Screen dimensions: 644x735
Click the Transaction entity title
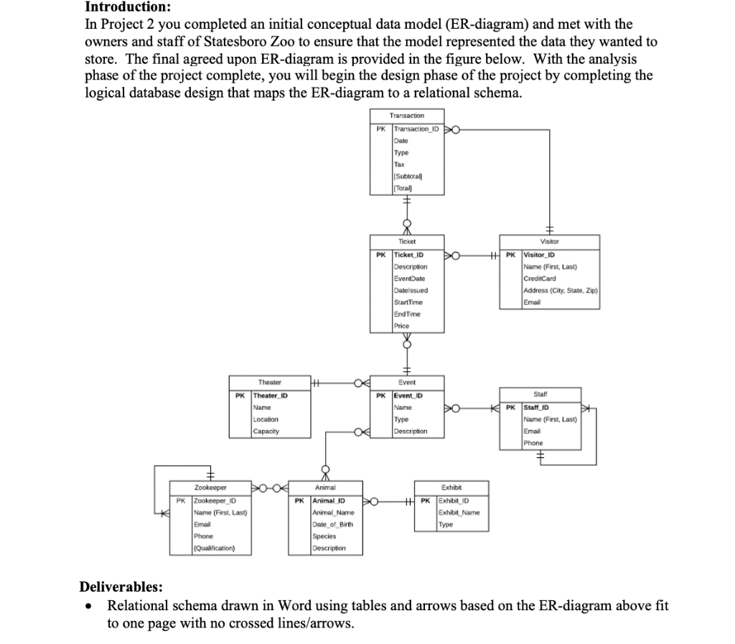(406, 115)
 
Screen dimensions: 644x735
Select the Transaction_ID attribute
(416, 129)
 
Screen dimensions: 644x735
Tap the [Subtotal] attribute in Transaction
(408, 176)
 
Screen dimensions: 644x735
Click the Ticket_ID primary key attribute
(409, 255)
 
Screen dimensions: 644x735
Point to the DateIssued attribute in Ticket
(411, 290)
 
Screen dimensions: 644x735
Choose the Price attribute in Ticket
(402, 325)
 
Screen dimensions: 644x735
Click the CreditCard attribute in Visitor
(540, 278)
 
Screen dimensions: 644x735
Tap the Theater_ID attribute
(271, 396)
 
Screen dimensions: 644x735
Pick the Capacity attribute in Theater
(266, 431)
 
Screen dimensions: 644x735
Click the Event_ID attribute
(408, 396)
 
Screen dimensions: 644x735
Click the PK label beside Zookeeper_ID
(181, 500)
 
